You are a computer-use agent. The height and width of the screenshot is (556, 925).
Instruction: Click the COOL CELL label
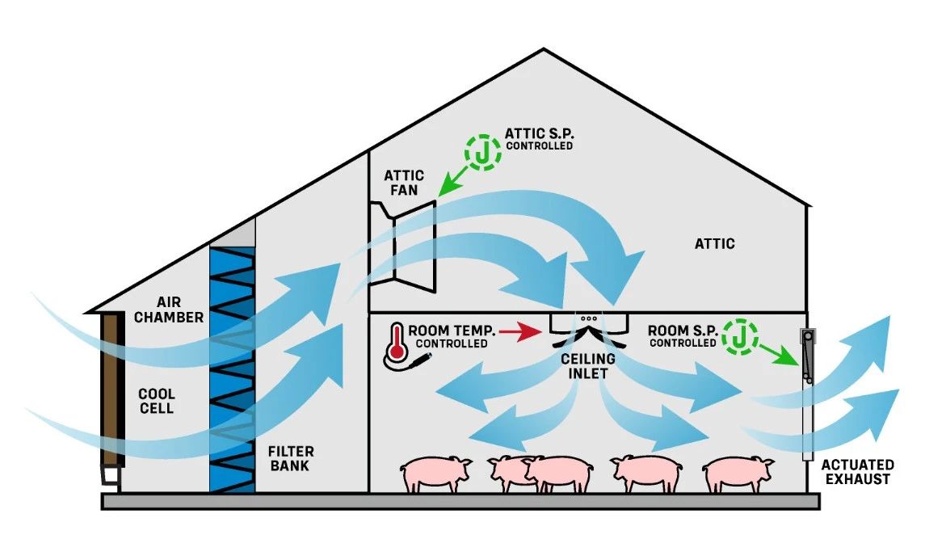157,402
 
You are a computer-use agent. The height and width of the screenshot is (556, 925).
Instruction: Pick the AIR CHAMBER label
169,310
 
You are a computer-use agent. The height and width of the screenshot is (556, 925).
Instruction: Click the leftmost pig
436,474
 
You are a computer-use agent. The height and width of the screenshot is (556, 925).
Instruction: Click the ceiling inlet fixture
589,323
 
